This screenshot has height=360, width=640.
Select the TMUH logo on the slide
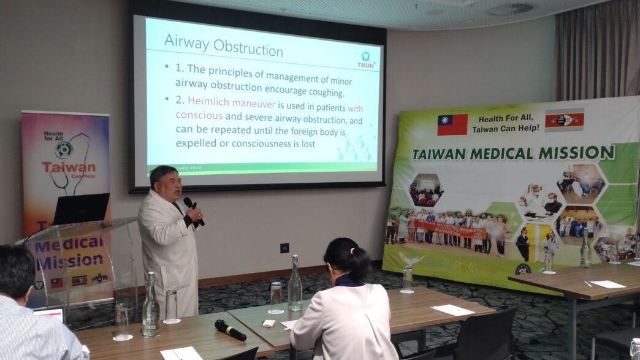pos(366,59)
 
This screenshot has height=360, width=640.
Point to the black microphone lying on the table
pos(230,329)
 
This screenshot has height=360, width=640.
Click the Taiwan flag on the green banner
pos(452,124)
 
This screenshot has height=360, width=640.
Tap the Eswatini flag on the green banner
pos(564,120)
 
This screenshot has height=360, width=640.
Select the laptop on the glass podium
pos(81,209)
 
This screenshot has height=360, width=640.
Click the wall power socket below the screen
pos(284,248)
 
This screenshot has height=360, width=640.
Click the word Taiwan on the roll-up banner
pos(68,167)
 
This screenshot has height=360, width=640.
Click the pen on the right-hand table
pos(587,284)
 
